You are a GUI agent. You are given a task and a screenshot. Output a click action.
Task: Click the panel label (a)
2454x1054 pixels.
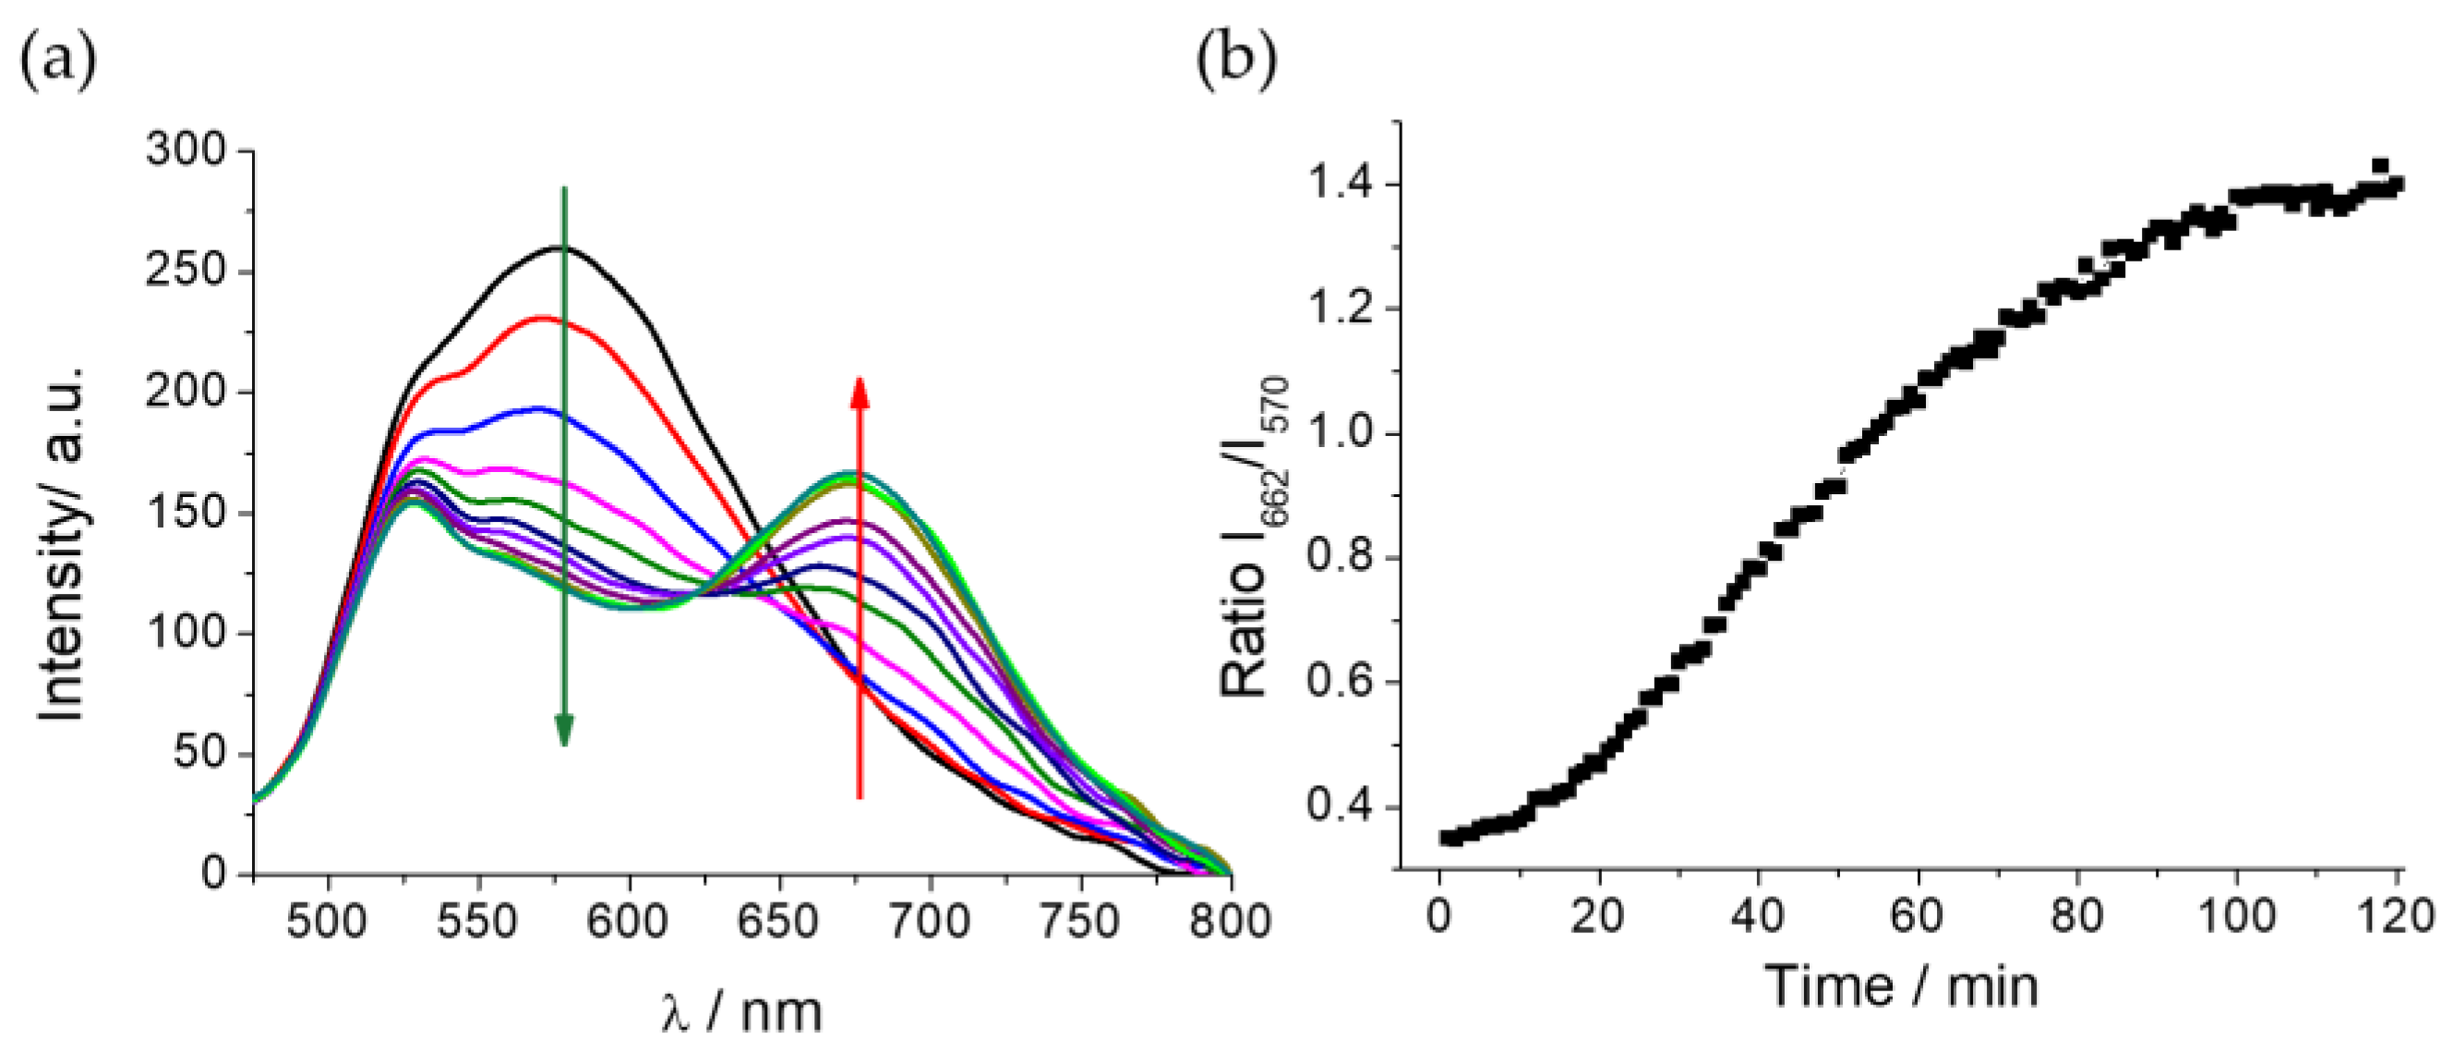[x=57, y=59]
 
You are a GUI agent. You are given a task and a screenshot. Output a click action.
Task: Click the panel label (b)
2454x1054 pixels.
[x=1235, y=59]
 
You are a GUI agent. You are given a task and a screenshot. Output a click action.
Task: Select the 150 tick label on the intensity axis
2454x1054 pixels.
[x=185, y=513]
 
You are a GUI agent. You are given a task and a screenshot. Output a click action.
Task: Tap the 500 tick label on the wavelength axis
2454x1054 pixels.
[x=328, y=922]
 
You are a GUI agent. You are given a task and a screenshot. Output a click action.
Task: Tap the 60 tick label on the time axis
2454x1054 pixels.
[x=1917, y=916]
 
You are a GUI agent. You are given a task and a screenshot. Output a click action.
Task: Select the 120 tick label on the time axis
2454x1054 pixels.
[x=2397, y=916]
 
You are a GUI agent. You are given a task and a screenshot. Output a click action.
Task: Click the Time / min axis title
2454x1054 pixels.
[x=1902, y=987]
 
